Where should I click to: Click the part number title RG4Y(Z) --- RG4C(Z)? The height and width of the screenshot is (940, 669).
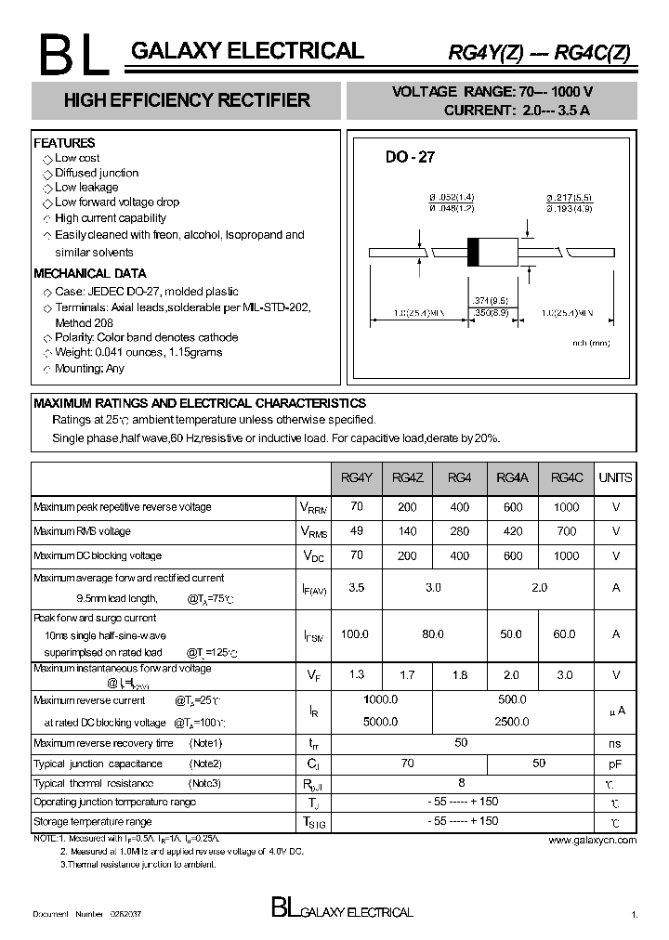(539, 53)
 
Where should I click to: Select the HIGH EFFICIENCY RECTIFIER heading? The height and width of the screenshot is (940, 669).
(187, 100)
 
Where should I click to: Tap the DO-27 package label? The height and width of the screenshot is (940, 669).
(410, 158)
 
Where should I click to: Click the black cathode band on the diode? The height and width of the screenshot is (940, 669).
(473, 252)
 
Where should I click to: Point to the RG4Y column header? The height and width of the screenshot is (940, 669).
(356, 477)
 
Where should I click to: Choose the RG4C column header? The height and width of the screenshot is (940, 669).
(567, 477)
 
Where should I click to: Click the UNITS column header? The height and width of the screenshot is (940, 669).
(615, 477)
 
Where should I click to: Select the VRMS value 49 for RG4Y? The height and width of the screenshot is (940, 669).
(356, 531)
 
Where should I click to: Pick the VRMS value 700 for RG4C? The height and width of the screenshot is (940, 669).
(566, 531)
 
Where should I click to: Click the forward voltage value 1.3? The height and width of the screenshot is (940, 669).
(356, 675)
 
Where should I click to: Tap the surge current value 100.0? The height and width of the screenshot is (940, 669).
(356, 634)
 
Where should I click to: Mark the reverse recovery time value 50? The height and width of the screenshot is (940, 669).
(461, 743)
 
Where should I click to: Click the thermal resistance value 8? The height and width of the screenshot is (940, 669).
(461, 783)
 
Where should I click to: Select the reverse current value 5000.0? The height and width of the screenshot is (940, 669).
(380, 721)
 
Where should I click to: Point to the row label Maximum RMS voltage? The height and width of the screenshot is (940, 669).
(82, 531)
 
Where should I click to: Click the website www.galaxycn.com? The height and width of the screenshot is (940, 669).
(592, 840)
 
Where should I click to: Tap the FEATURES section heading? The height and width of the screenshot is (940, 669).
(64, 143)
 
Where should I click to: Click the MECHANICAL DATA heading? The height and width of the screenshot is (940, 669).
(89, 273)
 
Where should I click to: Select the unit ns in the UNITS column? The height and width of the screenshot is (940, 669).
(615, 744)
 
